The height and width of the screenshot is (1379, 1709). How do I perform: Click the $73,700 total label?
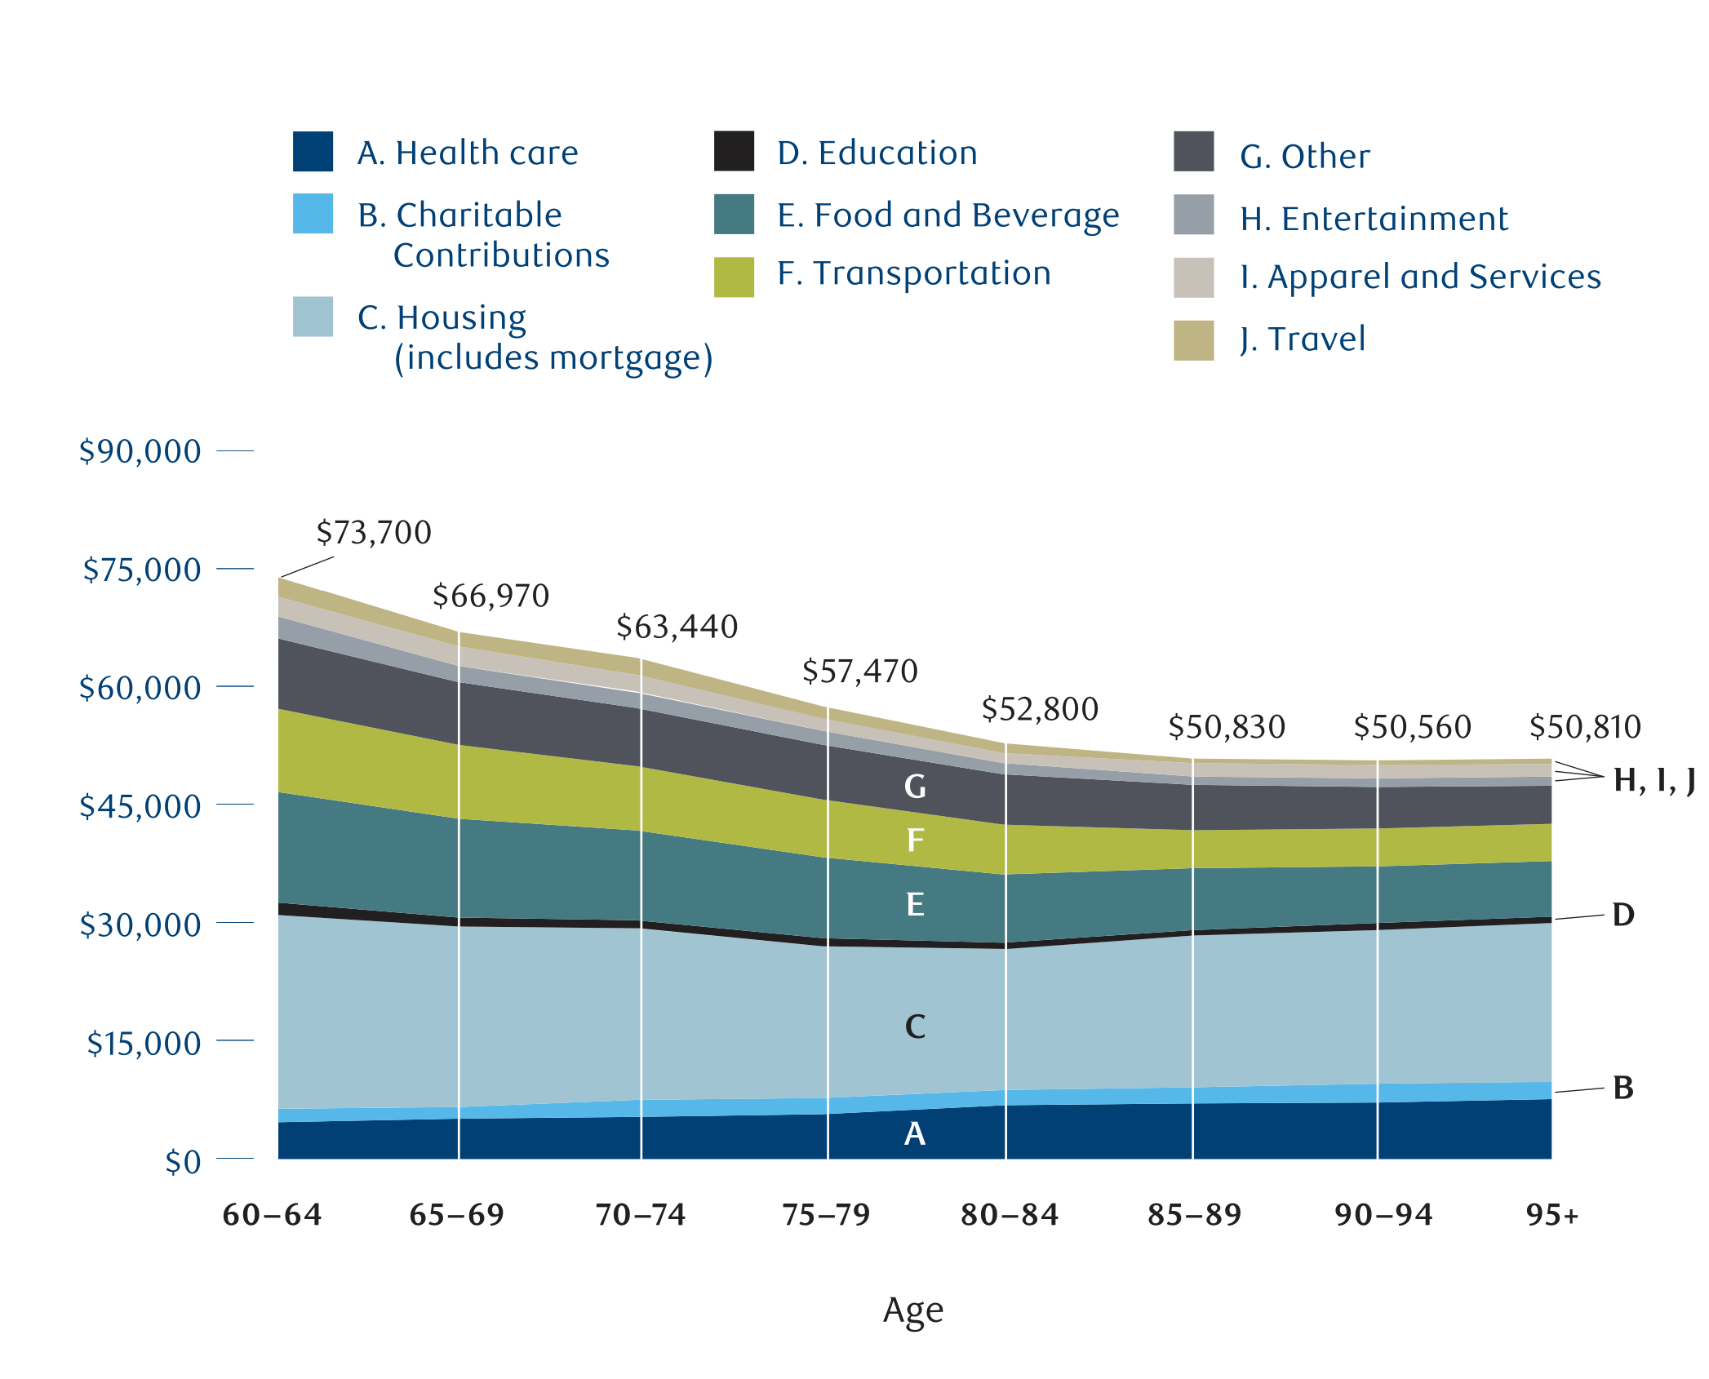click(374, 533)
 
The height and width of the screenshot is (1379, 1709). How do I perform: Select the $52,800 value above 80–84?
click(1040, 709)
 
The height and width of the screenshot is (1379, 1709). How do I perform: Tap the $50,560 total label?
click(1412, 727)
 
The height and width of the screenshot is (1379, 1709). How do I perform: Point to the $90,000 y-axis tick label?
click(140, 451)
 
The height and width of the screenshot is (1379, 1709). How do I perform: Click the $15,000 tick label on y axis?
click(144, 1044)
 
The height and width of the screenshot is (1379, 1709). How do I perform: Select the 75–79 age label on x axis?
click(826, 1215)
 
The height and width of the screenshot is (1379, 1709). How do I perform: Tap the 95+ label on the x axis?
click(1552, 1215)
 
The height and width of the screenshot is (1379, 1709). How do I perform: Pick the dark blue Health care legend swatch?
click(313, 152)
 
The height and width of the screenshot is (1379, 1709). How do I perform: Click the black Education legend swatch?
click(734, 152)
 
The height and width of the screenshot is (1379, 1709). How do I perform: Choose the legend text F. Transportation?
click(914, 273)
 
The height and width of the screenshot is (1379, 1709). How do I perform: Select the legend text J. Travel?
click(1302, 339)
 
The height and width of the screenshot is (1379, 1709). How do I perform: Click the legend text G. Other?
click(1304, 157)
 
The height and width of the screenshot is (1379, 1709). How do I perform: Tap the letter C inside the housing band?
click(915, 1026)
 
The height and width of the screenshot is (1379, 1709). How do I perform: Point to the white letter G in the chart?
click(915, 787)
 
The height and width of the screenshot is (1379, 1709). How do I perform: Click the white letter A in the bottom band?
click(915, 1133)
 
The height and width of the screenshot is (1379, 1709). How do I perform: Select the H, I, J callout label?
click(1654, 781)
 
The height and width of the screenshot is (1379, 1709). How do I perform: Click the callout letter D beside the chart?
click(1623, 915)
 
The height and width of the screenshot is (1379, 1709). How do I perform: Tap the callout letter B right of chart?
click(1623, 1088)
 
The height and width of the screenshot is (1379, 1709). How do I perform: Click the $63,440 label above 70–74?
click(677, 627)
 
